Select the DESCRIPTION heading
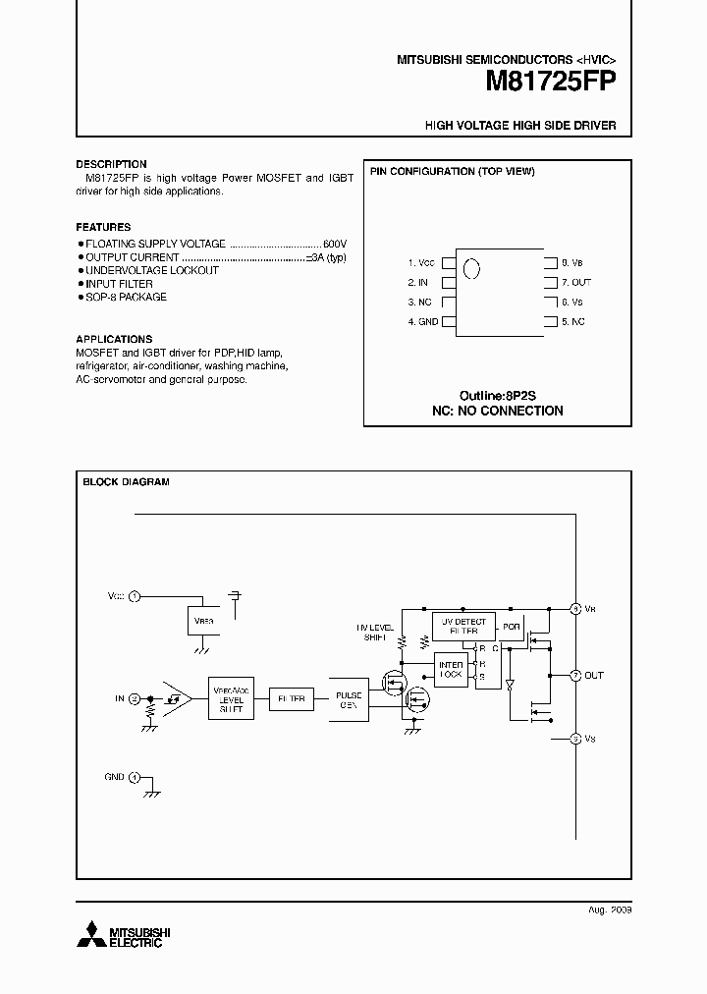111,164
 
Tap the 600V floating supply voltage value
335,243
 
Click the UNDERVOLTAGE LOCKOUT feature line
151,270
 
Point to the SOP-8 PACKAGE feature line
126,297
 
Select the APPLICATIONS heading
114,339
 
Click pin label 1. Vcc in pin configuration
421,263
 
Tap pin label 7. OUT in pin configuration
576,283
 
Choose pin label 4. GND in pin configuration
423,322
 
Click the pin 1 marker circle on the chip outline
471,268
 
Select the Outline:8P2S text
498,394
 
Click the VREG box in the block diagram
202,621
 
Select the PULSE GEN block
349,699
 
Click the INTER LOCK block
451,671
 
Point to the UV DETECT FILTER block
463,627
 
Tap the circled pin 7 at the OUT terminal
575,676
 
